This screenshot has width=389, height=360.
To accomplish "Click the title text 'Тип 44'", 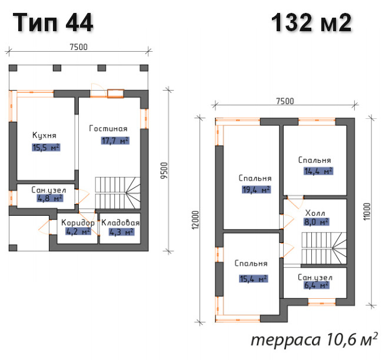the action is click(53, 22).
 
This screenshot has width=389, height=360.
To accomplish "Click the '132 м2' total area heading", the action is click(311, 22).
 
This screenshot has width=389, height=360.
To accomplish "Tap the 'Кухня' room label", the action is click(44, 135).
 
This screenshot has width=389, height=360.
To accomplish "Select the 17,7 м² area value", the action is click(115, 141).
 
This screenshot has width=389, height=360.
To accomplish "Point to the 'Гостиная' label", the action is click(108, 128).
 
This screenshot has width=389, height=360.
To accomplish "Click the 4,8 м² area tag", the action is click(50, 198).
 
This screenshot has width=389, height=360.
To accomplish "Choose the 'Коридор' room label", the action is click(78, 222).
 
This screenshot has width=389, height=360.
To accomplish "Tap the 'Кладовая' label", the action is click(120, 222).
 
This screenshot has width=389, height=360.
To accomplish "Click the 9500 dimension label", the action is click(164, 171).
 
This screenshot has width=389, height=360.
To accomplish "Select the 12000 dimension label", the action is click(196, 219).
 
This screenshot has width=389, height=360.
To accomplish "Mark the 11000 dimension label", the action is click(367, 211).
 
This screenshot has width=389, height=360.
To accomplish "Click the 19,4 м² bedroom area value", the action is click(256, 189).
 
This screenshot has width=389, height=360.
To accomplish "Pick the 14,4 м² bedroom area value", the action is click(318, 171).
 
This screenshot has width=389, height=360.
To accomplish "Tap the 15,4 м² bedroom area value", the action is click(253, 279).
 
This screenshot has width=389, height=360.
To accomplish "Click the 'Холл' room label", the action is click(315, 213).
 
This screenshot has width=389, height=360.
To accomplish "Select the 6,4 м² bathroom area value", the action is click(316, 285).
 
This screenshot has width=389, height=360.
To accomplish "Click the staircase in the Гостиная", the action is click(118, 193).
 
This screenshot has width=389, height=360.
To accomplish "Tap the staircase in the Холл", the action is click(324, 248).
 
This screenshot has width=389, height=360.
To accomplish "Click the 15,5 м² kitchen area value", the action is click(46, 148).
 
